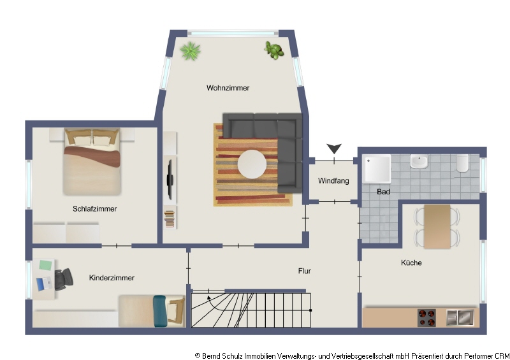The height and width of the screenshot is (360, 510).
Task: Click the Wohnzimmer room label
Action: pyautogui.click(x=228, y=88)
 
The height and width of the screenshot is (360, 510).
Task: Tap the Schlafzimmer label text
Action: pyautogui.click(x=94, y=208)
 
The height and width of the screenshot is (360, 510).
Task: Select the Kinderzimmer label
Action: pyautogui.click(x=112, y=278)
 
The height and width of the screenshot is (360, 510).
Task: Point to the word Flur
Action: pyautogui.click(x=304, y=271)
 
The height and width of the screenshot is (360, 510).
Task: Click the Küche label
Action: pyautogui.click(x=411, y=263)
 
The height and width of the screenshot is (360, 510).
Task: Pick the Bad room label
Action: pyautogui.click(x=383, y=191)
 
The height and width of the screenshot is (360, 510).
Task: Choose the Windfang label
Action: pyautogui.click(x=333, y=181)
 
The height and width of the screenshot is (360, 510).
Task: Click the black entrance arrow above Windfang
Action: pyautogui.click(x=333, y=149)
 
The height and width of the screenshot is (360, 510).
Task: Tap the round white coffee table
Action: pyautogui.click(x=252, y=164)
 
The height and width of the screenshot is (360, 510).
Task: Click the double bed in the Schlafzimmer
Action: pyautogui.click(x=92, y=162)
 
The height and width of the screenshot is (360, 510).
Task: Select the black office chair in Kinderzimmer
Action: pyautogui.click(x=63, y=278)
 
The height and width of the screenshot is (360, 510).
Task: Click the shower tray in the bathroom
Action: pyautogui.click(x=377, y=169)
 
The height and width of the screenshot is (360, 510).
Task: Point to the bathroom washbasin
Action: pyautogui.click(x=419, y=162)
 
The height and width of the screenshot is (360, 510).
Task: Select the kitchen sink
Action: pyautogui.click(x=460, y=316)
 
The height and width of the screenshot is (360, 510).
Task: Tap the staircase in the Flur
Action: pyautogui.click(x=252, y=308)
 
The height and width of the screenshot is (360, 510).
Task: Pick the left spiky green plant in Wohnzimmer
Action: pyautogui.click(x=190, y=50)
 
